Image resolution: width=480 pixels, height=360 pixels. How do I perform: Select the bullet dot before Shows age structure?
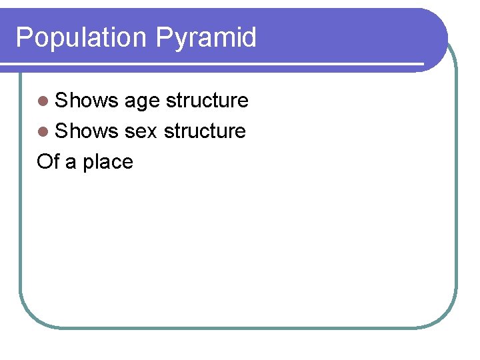click(x=43, y=101)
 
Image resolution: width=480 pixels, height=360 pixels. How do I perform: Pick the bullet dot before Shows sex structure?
click(x=43, y=132)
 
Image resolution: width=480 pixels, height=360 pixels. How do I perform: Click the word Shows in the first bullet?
click(x=87, y=101)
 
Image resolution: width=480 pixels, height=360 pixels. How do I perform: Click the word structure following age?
click(x=207, y=101)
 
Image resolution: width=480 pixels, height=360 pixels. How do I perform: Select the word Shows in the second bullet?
click(x=87, y=131)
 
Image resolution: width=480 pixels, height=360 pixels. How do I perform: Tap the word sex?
click(x=140, y=132)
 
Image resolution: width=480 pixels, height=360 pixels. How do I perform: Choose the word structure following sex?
click(x=205, y=131)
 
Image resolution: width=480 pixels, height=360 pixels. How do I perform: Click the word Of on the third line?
click(x=49, y=162)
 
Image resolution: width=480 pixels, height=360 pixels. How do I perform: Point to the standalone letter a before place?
click(x=71, y=163)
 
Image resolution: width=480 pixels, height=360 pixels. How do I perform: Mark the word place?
click(x=107, y=163)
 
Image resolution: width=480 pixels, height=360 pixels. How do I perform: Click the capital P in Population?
click(x=23, y=37)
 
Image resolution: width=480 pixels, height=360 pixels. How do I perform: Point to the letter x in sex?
click(x=151, y=133)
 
